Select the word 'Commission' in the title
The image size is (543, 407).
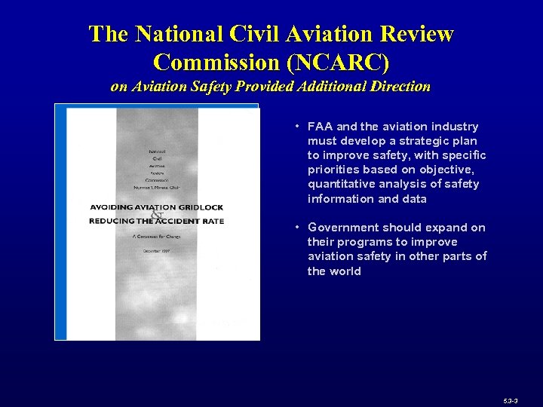[217, 60]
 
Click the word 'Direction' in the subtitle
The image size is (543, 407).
[400, 87]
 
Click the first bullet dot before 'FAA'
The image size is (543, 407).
[299, 127]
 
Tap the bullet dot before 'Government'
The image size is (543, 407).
[299, 228]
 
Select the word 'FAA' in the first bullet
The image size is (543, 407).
[320, 127]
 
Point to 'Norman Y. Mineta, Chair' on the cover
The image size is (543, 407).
[158, 186]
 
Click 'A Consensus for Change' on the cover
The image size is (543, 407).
[157, 237]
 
